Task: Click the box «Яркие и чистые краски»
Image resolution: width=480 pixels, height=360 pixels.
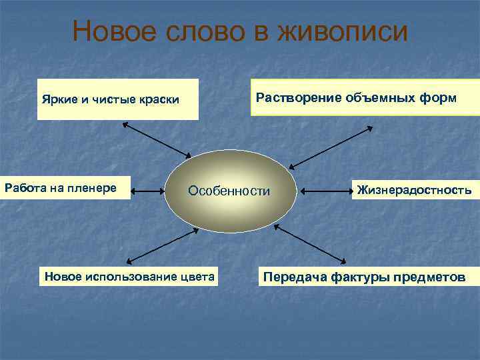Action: pyautogui.click(x=117, y=99)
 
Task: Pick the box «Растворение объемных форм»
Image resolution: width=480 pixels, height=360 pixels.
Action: pyautogui.click(x=356, y=97)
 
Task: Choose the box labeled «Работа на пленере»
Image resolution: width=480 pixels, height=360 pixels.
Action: pyautogui.click(x=65, y=189)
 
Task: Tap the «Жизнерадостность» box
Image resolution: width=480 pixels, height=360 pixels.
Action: pyautogui.click(x=414, y=190)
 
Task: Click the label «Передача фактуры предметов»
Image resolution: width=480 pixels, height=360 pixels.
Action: pyautogui.click(x=364, y=276)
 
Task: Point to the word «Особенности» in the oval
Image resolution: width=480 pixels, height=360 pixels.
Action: pyautogui.click(x=229, y=191)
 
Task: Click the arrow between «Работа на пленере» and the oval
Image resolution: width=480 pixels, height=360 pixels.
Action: pyautogui.click(x=148, y=191)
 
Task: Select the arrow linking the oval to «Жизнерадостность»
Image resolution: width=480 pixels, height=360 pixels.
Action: pyautogui.click(x=325, y=191)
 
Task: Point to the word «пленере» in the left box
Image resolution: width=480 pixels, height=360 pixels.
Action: pyautogui.click(x=96, y=189)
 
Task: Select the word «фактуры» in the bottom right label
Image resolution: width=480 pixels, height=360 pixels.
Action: pyautogui.click(x=355, y=276)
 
